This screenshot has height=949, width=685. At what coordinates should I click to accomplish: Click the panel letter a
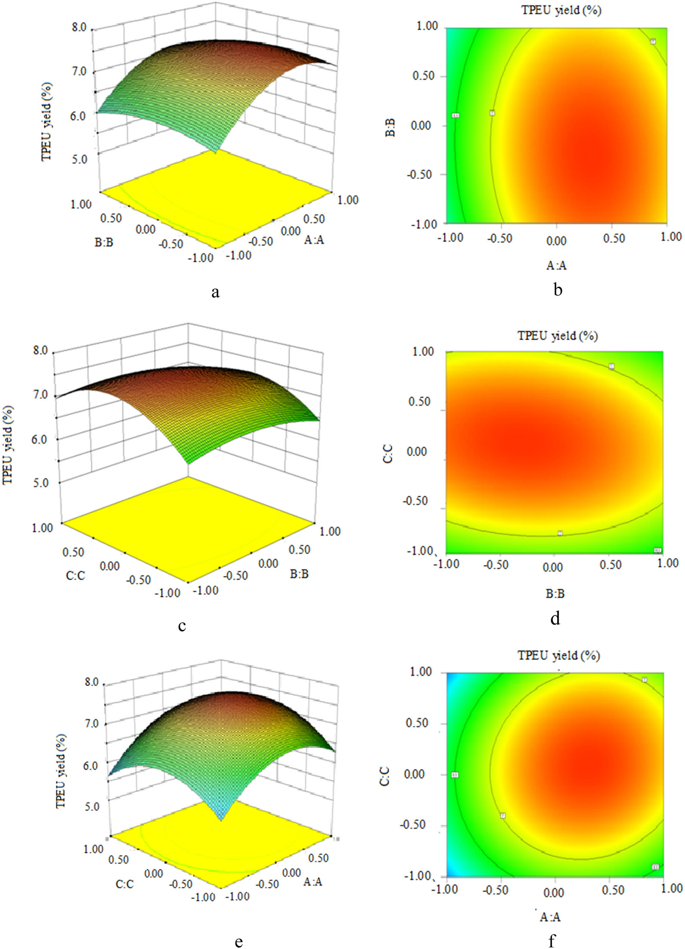point(215,292)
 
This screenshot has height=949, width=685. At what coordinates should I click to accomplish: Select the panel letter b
point(558,290)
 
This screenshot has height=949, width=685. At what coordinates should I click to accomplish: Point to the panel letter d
point(555,618)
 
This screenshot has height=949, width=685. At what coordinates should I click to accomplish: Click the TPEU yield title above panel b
point(561,11)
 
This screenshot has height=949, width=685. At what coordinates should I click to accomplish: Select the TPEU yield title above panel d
point(558,336)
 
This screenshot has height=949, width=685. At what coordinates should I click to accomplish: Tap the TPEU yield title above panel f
point(559,655)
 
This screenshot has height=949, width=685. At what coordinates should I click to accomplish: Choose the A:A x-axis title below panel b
point(556,265)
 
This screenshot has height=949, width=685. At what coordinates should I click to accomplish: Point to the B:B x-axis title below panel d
point(555,593)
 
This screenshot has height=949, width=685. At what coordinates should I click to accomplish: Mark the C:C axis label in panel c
point(75,576)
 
